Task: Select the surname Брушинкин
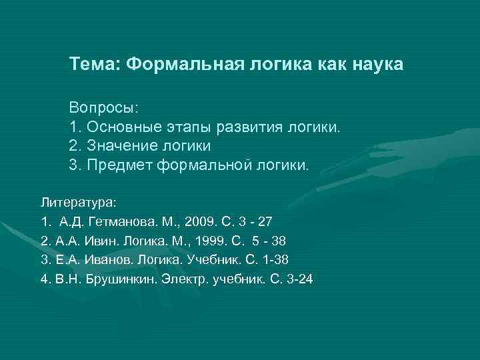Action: coord(113,278)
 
